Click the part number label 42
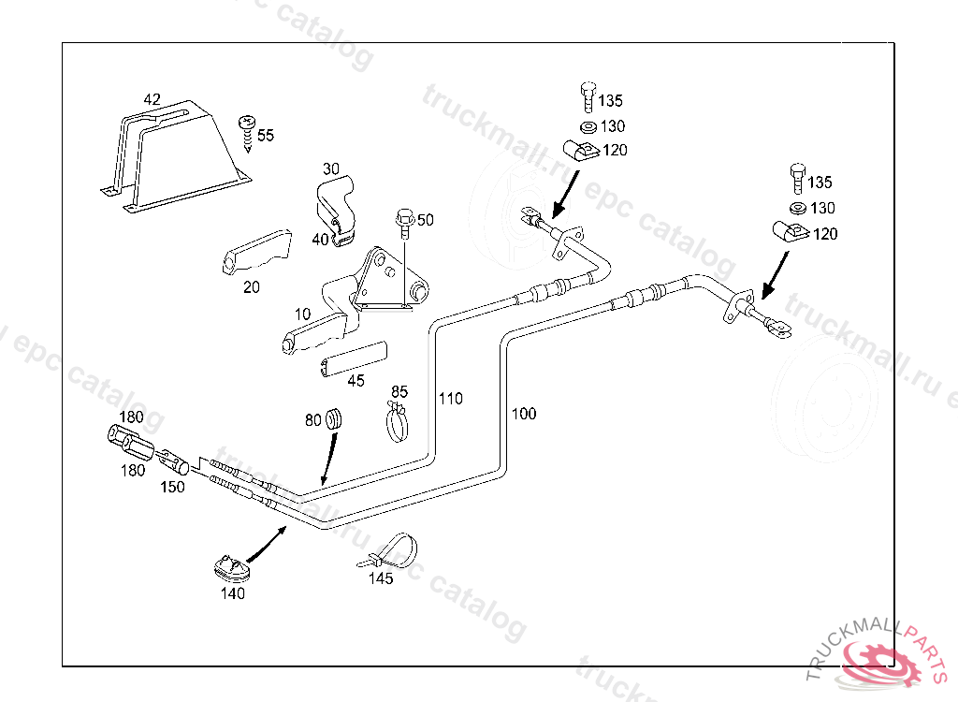(152, 98)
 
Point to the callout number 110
(451, 399)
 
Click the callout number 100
(524, 414)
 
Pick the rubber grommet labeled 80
(334, 420)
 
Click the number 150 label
(171, 487)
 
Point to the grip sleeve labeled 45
(352, 359)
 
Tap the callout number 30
(331, 169)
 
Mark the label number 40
(321, 239)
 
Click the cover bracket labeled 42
(178, 154)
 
